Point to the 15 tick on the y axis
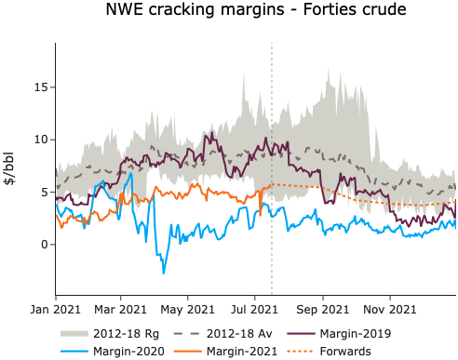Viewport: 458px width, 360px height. click(x=41, y=87)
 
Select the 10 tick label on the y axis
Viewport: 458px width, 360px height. click(x=41, y=140)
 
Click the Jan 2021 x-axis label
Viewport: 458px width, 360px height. click(x=55, y=308)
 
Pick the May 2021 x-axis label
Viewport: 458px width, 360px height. click(x=186, y=308)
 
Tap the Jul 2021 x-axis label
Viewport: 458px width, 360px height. click(x=253, y=308)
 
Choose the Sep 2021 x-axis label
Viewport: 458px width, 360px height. click(x=322, y=308)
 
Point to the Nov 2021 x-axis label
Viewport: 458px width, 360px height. click(x=389, y=308)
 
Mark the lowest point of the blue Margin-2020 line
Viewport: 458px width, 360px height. click(x=164, y=273)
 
